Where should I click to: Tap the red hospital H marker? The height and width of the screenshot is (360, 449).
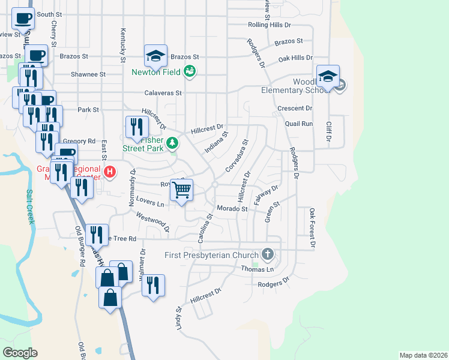pos(109,173)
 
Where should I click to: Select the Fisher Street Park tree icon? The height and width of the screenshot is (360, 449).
pos(172,143)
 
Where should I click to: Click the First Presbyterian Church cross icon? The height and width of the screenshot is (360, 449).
pos(268,255)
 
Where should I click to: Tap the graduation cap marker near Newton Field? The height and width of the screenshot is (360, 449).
pos(155,56)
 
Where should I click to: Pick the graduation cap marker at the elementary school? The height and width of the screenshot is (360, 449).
pos(328,76)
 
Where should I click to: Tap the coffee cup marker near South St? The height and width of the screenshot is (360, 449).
pos(23,18)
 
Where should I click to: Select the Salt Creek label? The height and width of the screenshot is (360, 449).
pos(30,207)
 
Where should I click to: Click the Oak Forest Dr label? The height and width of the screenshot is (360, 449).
pos(312,228)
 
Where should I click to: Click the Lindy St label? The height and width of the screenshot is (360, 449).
pos(178,317)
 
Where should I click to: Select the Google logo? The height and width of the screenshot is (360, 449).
pos(20,353)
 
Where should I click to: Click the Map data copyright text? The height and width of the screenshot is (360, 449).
pos(423,355)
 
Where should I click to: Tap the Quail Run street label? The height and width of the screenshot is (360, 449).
pos(299,124)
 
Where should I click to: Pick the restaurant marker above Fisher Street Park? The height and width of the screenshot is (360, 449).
pos(136,127)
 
